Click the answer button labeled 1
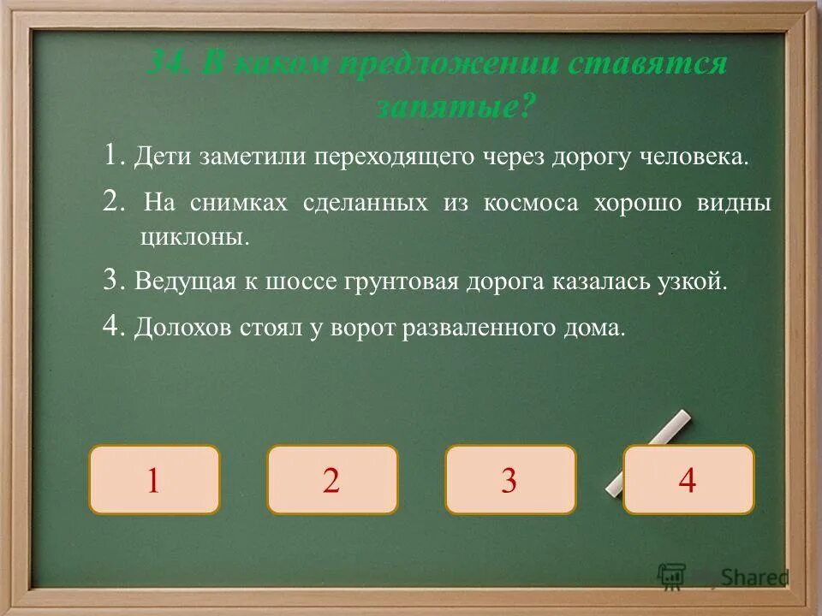click(154, 480)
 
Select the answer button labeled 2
click(332, 480)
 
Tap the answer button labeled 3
click(510, 480)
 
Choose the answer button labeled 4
click(688, 480)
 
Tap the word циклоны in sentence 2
click(194, 238)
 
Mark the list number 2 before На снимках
click(113, 202)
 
